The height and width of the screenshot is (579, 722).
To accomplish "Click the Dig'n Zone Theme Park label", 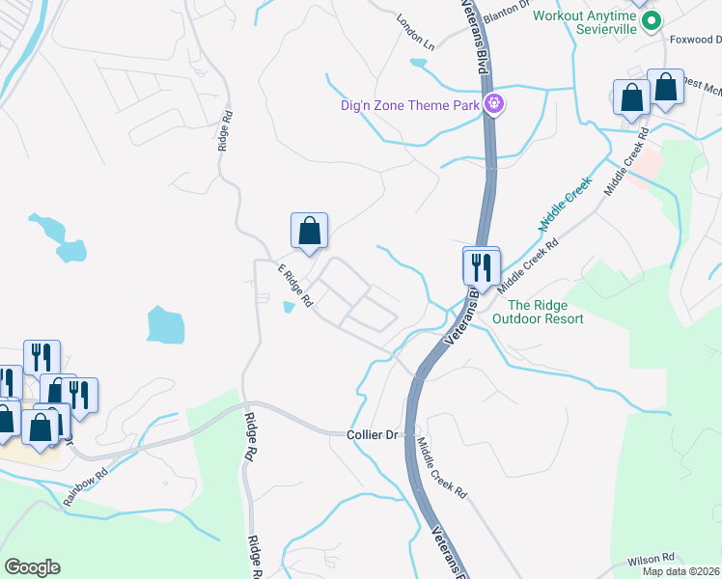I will pyautogui.click(x=410, y=105).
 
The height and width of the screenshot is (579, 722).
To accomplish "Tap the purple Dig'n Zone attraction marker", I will pyautogui.click(x=493, y=103).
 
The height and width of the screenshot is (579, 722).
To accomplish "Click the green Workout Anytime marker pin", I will pyautogui.click(x=652, y=19).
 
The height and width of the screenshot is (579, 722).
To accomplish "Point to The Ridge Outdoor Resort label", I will pyautogui.click(x=539, y=312).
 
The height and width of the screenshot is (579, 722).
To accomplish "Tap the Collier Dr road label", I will pyautogui.click(x=373, y=435).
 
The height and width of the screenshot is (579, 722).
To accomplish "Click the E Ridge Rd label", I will pyautogui.click(x=295, y=286).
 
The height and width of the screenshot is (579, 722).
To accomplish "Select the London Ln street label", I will pyautogui.click(x=416, y=32).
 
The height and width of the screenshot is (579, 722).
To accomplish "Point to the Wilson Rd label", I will pyautogui.click(x=650, y=559).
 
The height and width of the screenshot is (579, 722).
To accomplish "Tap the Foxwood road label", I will pyautogui.click(x=695, y=40).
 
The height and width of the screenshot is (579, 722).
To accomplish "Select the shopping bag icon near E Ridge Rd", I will pyautogui.click(x=309, y=232).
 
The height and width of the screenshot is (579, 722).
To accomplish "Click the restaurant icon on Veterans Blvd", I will pyautogui.click(x=481, y=265).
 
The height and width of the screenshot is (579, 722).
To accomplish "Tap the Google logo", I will pyautogui.click(x=32, y=567).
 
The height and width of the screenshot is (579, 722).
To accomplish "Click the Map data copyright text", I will pyautogui.click(x=681, y=571).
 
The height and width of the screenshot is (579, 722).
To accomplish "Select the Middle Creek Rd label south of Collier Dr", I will pyautogui.click(x=442, y=468).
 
